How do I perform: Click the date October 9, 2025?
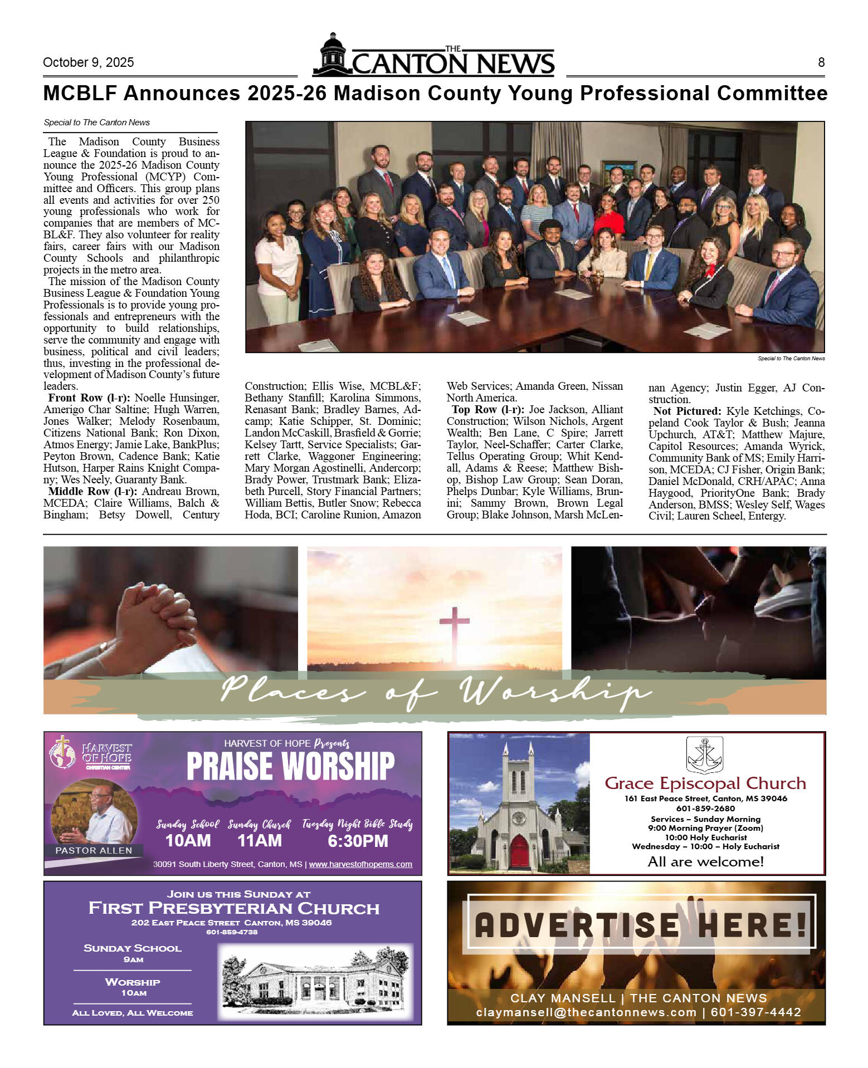click(x=88, y=62)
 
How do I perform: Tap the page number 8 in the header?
click(x=821, y=62)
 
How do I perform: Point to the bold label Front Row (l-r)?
click(x=89, y=398)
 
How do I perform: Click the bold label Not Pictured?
click(x=687, y=411)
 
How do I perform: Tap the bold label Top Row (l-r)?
click(x=487, y=409)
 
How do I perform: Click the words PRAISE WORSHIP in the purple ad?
click(x=290, y=766)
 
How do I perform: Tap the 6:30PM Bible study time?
click(x=358, y=841)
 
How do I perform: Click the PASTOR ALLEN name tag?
click(x=94, y=850)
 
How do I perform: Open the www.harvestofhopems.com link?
click(x=360, y=864)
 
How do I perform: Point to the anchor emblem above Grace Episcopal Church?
click(x=705, y=755)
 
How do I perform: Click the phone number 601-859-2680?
click(x=705, y=809)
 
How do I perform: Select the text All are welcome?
click(x=705, y=861)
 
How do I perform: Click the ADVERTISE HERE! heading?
click(x=641, y=924)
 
